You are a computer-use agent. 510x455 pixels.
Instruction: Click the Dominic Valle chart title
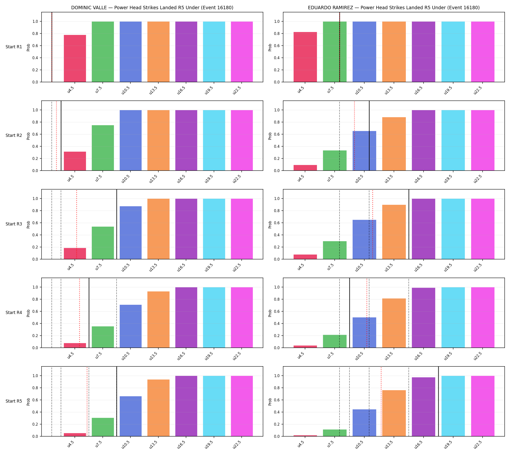(152, 8)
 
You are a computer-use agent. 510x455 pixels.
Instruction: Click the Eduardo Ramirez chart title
(394, 8)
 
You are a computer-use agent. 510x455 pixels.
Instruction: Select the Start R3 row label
(14, 224)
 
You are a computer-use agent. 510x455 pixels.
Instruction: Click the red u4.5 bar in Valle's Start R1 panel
(75, 58)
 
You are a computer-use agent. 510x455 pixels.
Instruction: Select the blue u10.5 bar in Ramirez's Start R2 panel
(364, 151)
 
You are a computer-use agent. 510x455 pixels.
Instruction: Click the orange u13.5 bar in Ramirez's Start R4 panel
(394, 323)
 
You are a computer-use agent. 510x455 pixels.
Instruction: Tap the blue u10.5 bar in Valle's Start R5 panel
(131, 416)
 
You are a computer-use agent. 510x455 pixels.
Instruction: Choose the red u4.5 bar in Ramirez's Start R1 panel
(305, 57)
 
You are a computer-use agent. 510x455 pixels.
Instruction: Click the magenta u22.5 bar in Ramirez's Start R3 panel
(483, 229)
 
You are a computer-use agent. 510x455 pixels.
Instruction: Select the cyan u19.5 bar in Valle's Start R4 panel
(214, 317)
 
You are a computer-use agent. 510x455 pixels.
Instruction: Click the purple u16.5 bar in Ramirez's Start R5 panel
(423, 407)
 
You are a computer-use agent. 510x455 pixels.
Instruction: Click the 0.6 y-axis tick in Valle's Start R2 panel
(35, 134)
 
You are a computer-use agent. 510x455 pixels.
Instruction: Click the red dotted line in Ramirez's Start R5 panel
(381, 402)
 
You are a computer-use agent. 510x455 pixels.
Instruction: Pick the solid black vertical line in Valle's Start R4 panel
(89, 313)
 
